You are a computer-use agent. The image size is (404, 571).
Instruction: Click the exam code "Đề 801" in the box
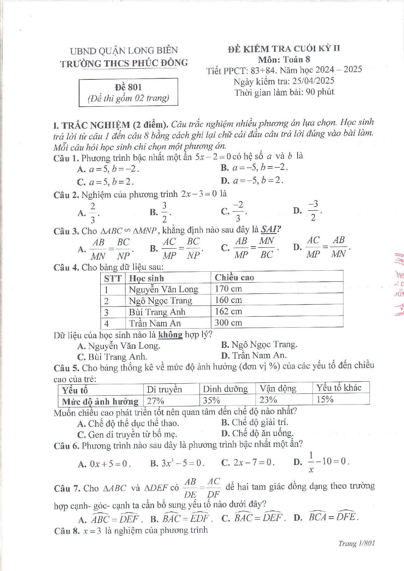pos(128,87)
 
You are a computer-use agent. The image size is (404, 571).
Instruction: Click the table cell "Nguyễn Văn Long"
pos(163,289)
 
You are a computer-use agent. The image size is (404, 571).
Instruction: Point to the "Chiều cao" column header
pos(234,278)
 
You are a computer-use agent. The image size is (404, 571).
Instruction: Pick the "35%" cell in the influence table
pos(212,400)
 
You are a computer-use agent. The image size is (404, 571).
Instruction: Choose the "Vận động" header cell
pos(278,388)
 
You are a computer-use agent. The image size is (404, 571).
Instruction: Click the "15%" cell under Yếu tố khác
pos(325,399)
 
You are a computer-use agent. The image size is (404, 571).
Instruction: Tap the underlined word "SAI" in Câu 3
pos(269,229)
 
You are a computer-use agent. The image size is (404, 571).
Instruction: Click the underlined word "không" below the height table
pos(170,334)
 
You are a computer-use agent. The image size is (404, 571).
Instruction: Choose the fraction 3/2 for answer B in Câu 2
pos(164,212)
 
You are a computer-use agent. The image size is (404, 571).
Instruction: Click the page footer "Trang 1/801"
pos(356,543)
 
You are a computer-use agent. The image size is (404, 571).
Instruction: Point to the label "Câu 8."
pos(67,531)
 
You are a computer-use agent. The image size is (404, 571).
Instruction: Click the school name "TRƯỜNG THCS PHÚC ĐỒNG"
pos(124,63)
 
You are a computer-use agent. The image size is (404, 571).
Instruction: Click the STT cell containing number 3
pos(106,312)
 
